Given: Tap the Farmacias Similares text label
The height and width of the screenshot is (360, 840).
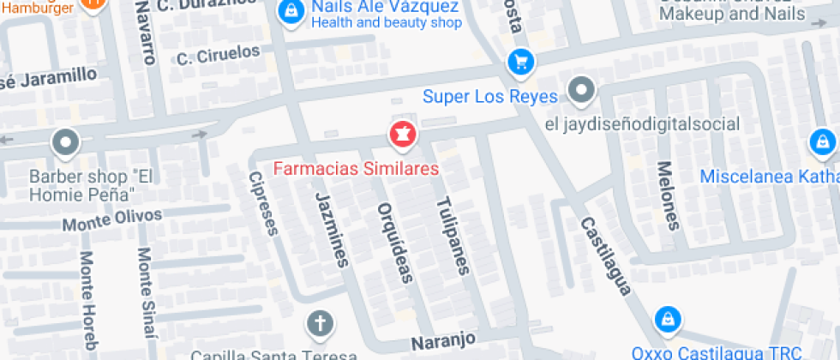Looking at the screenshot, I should click(x=356, y=168).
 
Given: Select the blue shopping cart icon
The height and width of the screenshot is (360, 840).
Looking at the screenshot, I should click(x=519, y=61).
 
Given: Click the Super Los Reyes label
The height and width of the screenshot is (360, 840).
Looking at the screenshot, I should click(x=490, y=96).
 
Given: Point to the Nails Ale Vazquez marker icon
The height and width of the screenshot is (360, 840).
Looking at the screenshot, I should click(x=292, y=11).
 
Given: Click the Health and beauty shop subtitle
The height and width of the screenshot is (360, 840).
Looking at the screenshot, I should click(x=386, y=23).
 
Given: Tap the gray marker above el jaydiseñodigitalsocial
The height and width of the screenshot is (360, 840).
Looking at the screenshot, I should click(x=582, y=89).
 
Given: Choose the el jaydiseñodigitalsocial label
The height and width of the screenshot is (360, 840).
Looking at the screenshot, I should click(x=642, y=124).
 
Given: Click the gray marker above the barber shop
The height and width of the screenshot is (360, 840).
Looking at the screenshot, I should click(x=65, y=142).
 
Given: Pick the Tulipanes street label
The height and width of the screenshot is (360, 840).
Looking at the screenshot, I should click(x=452, y=236).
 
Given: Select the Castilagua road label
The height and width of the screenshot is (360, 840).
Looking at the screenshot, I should click(x=605, y=255).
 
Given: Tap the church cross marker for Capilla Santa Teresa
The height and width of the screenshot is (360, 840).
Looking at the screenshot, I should click(x=320, y=324).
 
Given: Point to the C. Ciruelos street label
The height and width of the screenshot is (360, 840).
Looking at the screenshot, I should click(x=218, y=55).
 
